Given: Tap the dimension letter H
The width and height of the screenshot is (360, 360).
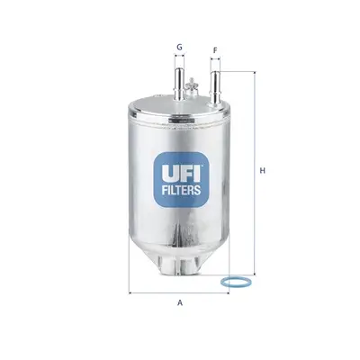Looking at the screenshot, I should [x=262, y=170].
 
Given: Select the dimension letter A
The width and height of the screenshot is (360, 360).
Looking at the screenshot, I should [x=180, y=302].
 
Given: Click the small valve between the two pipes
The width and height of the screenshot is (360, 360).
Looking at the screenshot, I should [x=195, y=86].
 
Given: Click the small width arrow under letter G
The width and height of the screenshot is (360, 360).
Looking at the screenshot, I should [x=179, y=60].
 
